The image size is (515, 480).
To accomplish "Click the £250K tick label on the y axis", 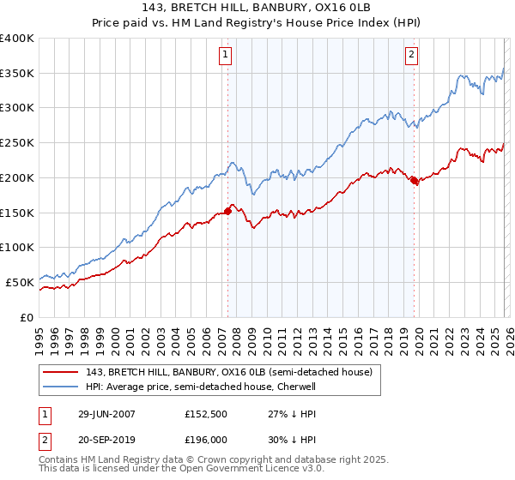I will [x=17, y=142].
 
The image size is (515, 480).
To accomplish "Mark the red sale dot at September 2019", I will [x=414, y=180].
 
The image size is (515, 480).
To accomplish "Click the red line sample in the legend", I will [x=61, y=373].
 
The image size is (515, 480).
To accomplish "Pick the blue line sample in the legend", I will [x=61, y=387].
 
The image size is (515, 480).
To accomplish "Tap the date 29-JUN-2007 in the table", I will [x=102, y=413].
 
